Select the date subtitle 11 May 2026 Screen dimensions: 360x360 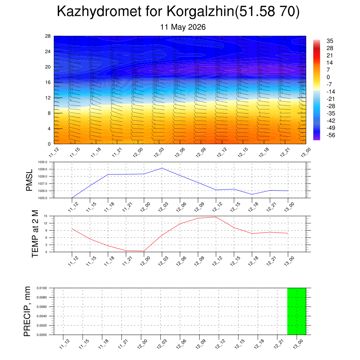[183, 27]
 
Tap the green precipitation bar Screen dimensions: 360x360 [296, 311]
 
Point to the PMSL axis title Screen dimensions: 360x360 [30, 180]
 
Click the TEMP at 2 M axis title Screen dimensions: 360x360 [35, 234]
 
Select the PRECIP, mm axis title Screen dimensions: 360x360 [27, 311]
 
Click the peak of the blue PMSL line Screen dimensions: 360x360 [162, 168]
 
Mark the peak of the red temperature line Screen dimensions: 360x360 [216, 217]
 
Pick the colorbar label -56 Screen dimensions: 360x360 [331, 135]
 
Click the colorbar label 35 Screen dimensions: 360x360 [330, 41]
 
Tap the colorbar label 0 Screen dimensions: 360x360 [328, 77]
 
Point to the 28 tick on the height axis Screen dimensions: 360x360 [48, 36]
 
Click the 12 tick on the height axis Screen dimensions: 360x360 [48, 98]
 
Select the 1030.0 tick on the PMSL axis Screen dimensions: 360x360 [43, 162]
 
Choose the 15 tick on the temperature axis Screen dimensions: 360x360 [45, 216]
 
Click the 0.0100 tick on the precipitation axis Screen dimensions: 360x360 [42, 288]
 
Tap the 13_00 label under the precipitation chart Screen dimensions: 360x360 [298, 344]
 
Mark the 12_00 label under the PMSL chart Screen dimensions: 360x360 [145, 207]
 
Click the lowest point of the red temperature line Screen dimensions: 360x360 [144, 251]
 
